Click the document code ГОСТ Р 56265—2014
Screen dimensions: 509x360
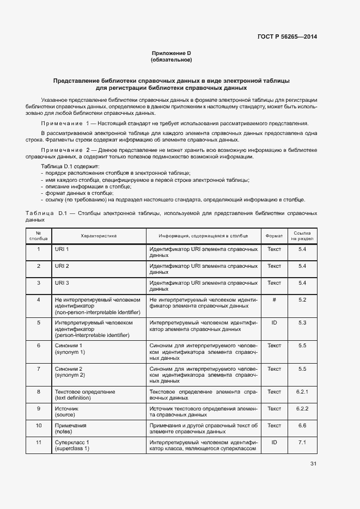pos(286,37)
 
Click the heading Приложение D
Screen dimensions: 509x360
pos(171,53)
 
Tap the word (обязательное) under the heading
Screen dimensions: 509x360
pos(171,60)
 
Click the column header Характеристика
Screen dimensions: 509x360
pos(99,236)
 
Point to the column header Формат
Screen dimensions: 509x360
pos(274,236)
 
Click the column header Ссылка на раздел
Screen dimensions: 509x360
pos(303,236)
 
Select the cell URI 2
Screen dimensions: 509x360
pos(62,266)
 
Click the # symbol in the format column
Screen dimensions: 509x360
pos(274,299)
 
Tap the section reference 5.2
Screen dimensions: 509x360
pos(303,299)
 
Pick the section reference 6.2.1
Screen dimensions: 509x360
pos(303,391)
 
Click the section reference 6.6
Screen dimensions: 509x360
pos(303,425)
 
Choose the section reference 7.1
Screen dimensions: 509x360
pos(303,442)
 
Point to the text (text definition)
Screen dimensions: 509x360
pos(74,398)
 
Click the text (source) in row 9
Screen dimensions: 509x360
pos(65,415)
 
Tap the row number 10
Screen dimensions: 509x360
pos(39,425)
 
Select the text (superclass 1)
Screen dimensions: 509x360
pos(72,449)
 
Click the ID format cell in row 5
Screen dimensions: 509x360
pos(274,322)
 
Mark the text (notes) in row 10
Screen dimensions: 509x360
pos(64,432)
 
